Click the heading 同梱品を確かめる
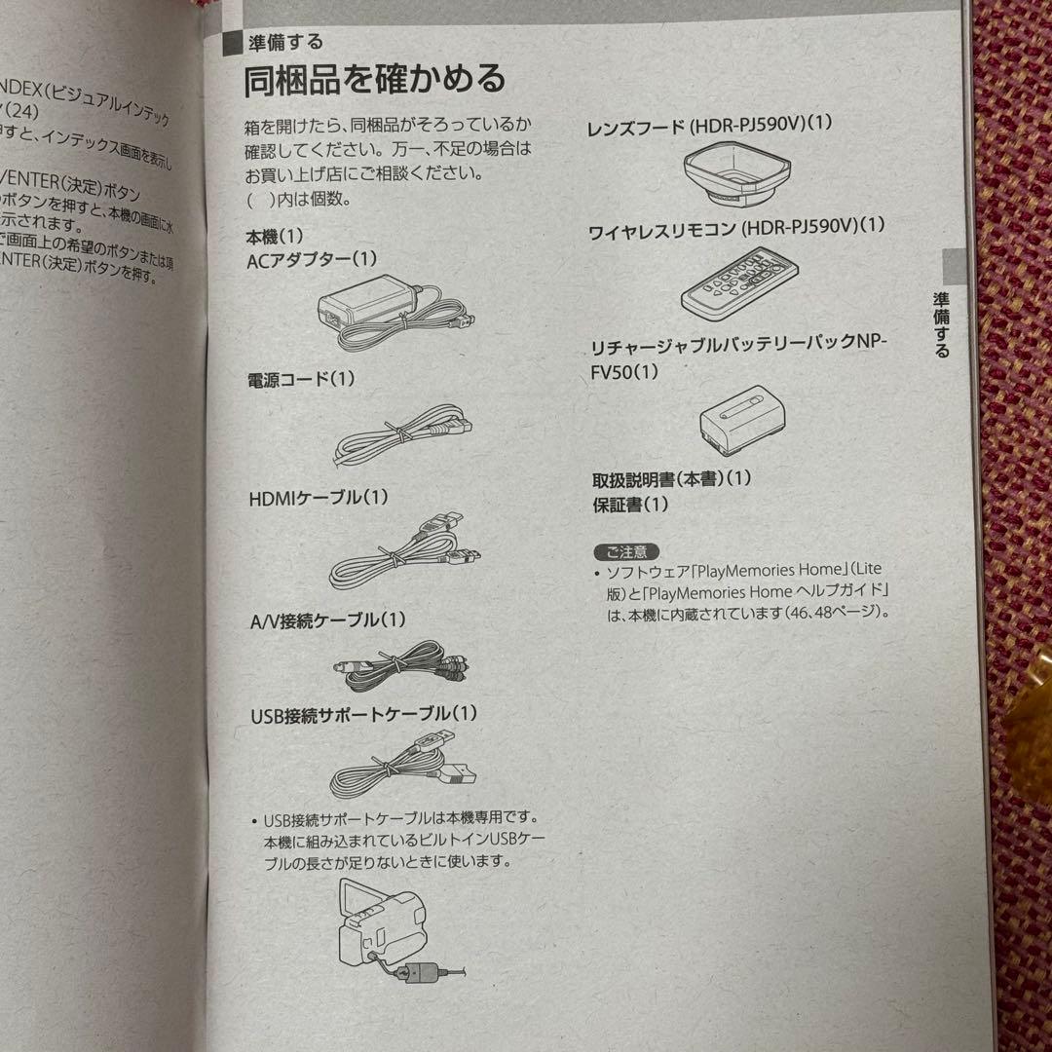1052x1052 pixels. pyautogui.click(x=374, y=78)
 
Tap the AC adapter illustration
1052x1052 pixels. pyautogui.click(x=394, y=311)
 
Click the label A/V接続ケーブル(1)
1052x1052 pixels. pyautogui.click(x=328, y=620)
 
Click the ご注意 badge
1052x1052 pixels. pyautogui.click(x=625, y=550)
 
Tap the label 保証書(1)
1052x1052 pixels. pyautogui.click(x=631, y=505)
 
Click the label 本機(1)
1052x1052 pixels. pyautogui.click(x=277, y=236)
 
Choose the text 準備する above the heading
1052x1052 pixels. pyautogui.click(x=286, y=42)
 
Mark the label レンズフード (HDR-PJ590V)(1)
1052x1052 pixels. pyautogui.click(x=709, y=126)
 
